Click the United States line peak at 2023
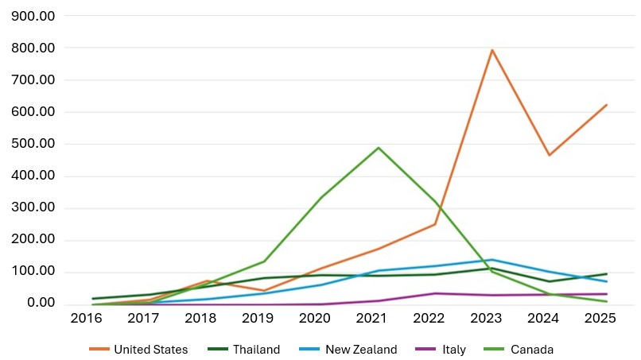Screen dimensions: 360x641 pyautogui.click(x=492, y=50)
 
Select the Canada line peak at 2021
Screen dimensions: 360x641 pyautogui.click(x=379, y=148)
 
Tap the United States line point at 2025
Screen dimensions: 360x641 pyautogui.click(x=607, y=105)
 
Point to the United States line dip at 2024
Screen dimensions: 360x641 pyautogui.click(x=550, y=155)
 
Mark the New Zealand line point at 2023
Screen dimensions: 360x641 pyautogui.click(x=492, y=260)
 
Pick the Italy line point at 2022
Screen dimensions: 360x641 pyautogui.click(x=435, y=293)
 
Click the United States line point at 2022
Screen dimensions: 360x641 pyautogui.click(x=435, y=224)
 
